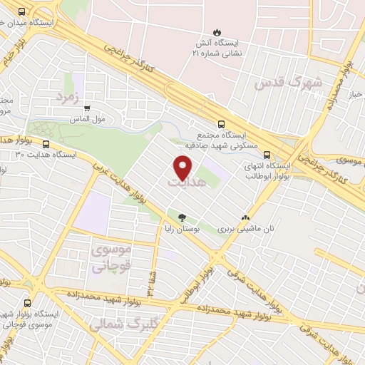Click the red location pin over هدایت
click(183, 168)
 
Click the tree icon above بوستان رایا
click(182, 218)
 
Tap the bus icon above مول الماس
click(88, 109)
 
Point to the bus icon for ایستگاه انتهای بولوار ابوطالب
click(267, 153)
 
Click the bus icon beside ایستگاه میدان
click(21, 12)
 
